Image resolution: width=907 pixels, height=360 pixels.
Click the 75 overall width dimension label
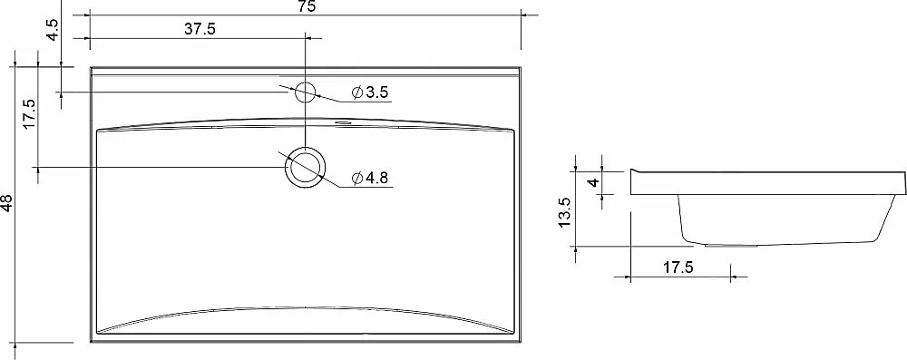click(307, 6)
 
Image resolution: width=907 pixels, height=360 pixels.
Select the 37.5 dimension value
click(200, 29)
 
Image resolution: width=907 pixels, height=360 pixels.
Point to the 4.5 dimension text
click(52, 30)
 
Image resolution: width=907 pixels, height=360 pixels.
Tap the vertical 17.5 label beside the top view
click(29, 114)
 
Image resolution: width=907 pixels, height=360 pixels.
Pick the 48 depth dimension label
click(5, 202)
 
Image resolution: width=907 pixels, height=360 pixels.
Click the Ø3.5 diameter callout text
click(370, 92)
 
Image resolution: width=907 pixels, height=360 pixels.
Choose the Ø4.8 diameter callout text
click(370, 179)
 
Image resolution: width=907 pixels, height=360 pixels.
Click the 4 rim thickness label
click(592, 183)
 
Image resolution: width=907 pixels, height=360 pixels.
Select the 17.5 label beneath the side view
click(678, 268)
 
